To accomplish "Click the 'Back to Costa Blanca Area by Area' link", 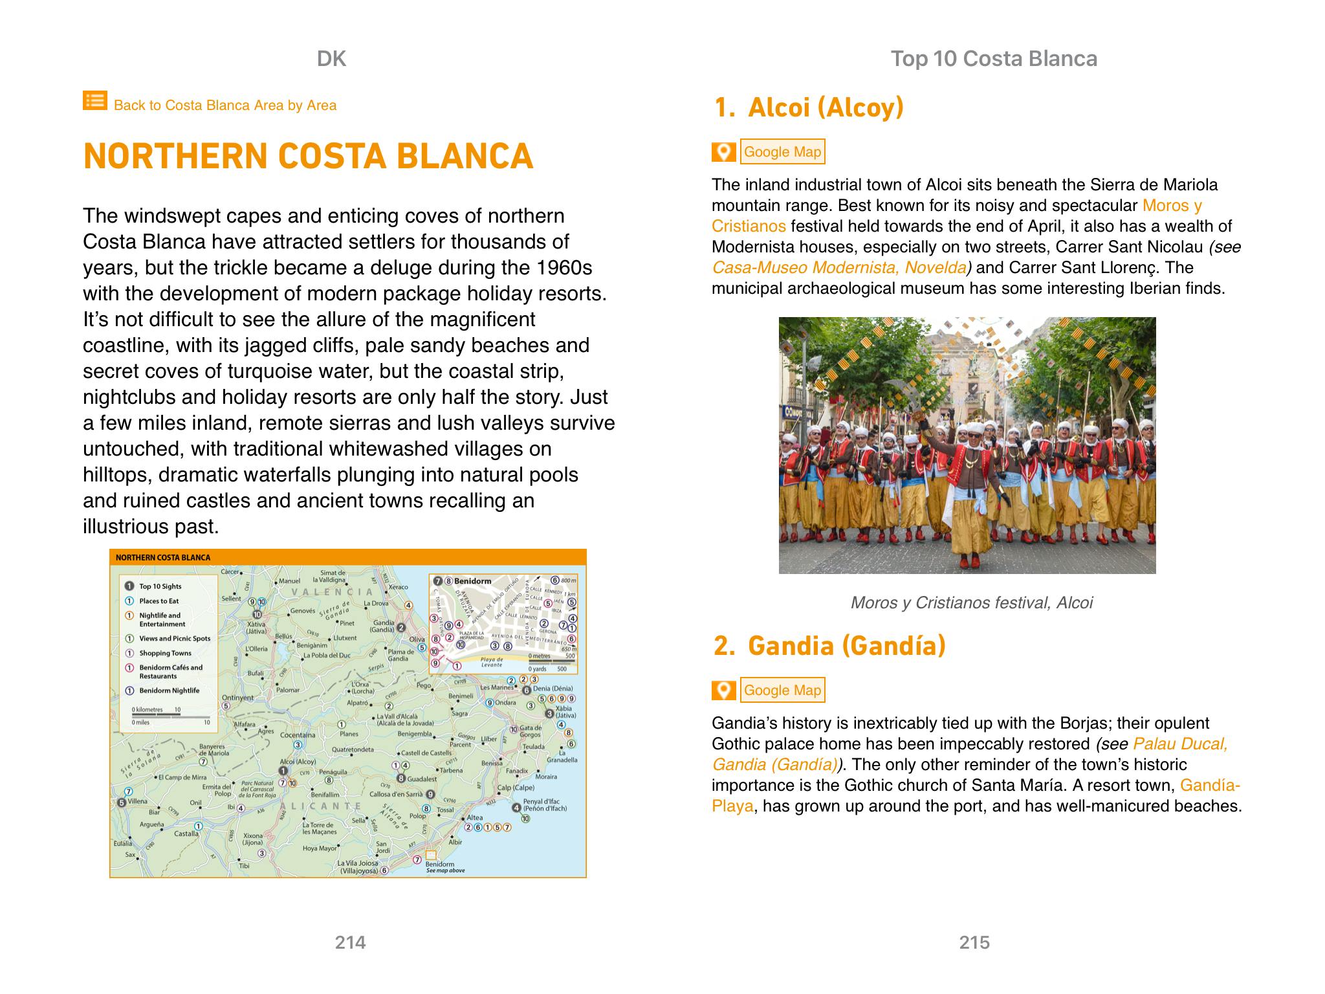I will (x=224, y=105).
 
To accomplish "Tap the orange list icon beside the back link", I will (x=94, y=101).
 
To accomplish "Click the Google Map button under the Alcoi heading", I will (x=782, y=152).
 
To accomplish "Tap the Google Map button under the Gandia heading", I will (x=782, y=690).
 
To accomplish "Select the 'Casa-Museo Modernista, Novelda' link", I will (x=839, y=268).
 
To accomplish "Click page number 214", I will (x=350, y=942).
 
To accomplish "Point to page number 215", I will (x=974, y=942).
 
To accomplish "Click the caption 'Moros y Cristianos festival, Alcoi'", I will (x=971, y=603).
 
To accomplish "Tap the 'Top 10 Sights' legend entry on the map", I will (x=160, y=587).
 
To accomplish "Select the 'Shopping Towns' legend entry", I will (x=165, y=654).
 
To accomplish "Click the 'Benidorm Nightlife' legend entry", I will (x=169, y=690).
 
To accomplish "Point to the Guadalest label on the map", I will (x=422, y=779).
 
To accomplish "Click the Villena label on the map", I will (x=138, y=801).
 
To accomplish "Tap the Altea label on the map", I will (x=474, y=818).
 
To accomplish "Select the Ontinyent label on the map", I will (x=238, y=698).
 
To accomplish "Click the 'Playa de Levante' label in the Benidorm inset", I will (x=492, y=662).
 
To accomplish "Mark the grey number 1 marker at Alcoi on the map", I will (x=283, y=771).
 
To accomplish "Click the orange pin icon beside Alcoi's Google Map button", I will (x=724, y=152).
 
